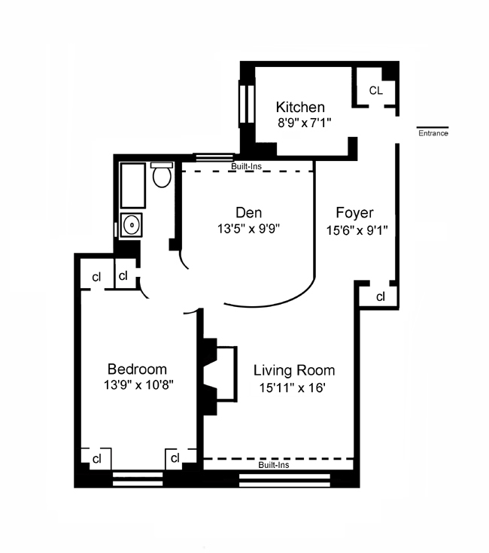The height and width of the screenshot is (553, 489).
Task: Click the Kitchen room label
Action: tap(300, 107)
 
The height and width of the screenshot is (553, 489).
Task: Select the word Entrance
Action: tap(433, 134)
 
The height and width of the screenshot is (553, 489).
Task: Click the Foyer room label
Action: tap(354, 213)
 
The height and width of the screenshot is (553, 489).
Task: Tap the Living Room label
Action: tap(293, 370)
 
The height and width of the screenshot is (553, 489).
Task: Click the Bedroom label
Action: tap(136, 369)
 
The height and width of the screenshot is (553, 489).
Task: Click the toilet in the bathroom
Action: tap(161, 176)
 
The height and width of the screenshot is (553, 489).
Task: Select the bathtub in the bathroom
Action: tap(132, 185)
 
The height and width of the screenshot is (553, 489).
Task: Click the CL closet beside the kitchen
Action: tap(375, 90)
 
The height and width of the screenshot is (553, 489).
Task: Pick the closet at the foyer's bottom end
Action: tap(380, 296)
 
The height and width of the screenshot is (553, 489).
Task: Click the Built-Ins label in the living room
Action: tap(273, 465)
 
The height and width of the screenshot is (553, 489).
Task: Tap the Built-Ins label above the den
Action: tap(246, 166)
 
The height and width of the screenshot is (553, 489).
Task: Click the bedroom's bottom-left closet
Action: tap(96, 457)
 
